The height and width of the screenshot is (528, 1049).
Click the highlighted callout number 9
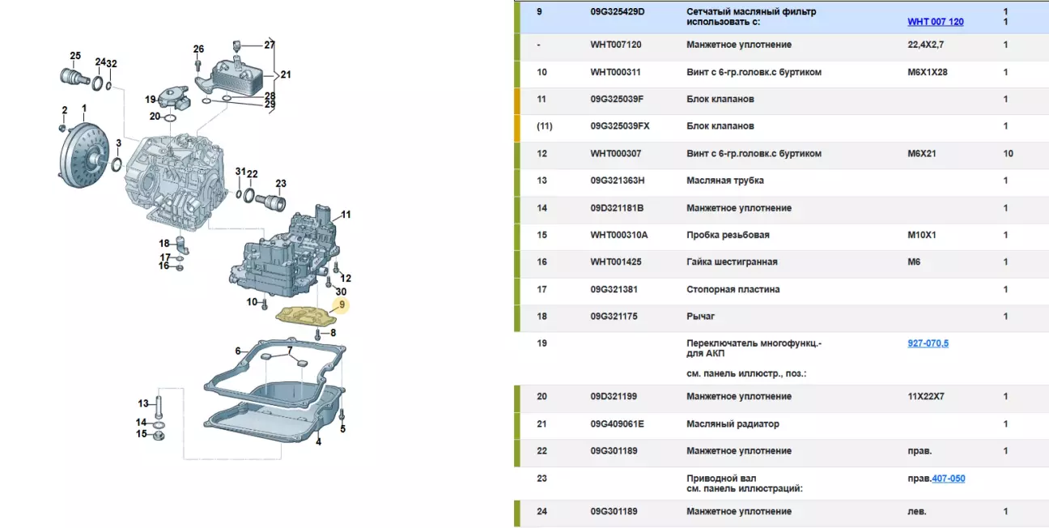[x=342, y=304]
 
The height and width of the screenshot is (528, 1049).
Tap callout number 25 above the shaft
[x=75, y=56]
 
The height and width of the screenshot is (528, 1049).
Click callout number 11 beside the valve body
[x=346, y=215]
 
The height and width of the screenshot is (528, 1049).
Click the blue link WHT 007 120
[x=935, y=22]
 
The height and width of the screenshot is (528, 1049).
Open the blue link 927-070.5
[x=928, y=343]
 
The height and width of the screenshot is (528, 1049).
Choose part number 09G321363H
[x=623, y=181]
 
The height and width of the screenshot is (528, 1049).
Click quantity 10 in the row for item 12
[x=1008, y=153]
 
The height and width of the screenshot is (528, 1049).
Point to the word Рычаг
[x=700, y=316]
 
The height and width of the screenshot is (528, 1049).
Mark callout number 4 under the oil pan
[x=318, y=441]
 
